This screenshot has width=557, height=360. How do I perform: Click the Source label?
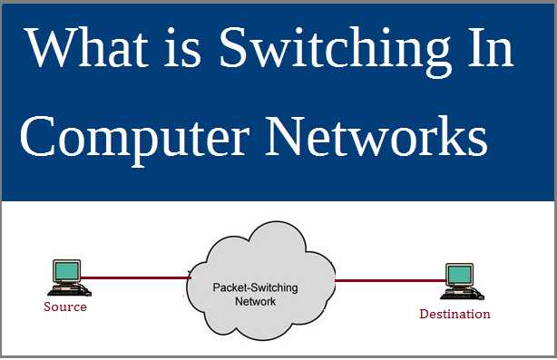coord(65,306)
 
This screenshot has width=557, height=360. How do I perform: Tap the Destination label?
coord(454,314)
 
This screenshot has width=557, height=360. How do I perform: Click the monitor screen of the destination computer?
coord(458,275)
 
